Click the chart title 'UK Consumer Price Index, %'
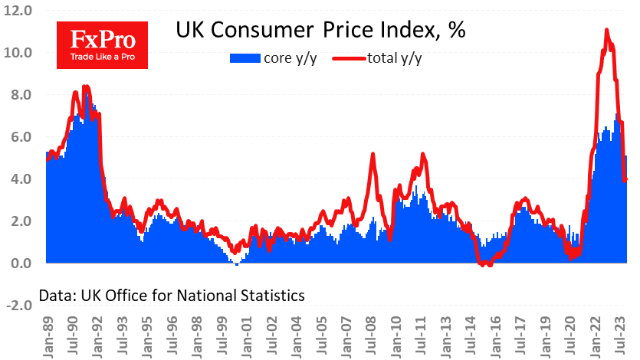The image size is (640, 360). click(x=321, y=30)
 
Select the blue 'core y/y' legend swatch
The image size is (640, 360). click(x=245, y=58)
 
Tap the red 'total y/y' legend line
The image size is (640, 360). click(x=350, y=58)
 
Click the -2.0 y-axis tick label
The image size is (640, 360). click(x=16, y=306)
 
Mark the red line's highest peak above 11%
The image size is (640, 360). click(x=607, y=30)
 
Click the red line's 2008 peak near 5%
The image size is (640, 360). click(x=373, y=154)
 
